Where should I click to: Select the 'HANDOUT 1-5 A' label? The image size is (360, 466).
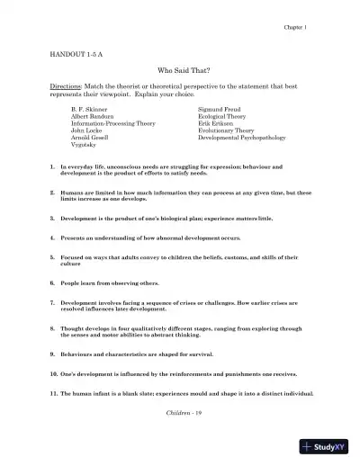click(76, 55)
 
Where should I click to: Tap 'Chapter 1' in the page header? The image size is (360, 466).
click(297, 28)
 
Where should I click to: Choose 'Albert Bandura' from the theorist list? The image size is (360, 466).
click(93, 116)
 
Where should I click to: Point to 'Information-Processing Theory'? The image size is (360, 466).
click(113, 123)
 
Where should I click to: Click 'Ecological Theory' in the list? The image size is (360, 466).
click(226, 116)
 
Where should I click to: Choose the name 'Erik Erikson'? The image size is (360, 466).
click(219, 123)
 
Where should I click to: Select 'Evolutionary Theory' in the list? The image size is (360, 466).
click(229, 130)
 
